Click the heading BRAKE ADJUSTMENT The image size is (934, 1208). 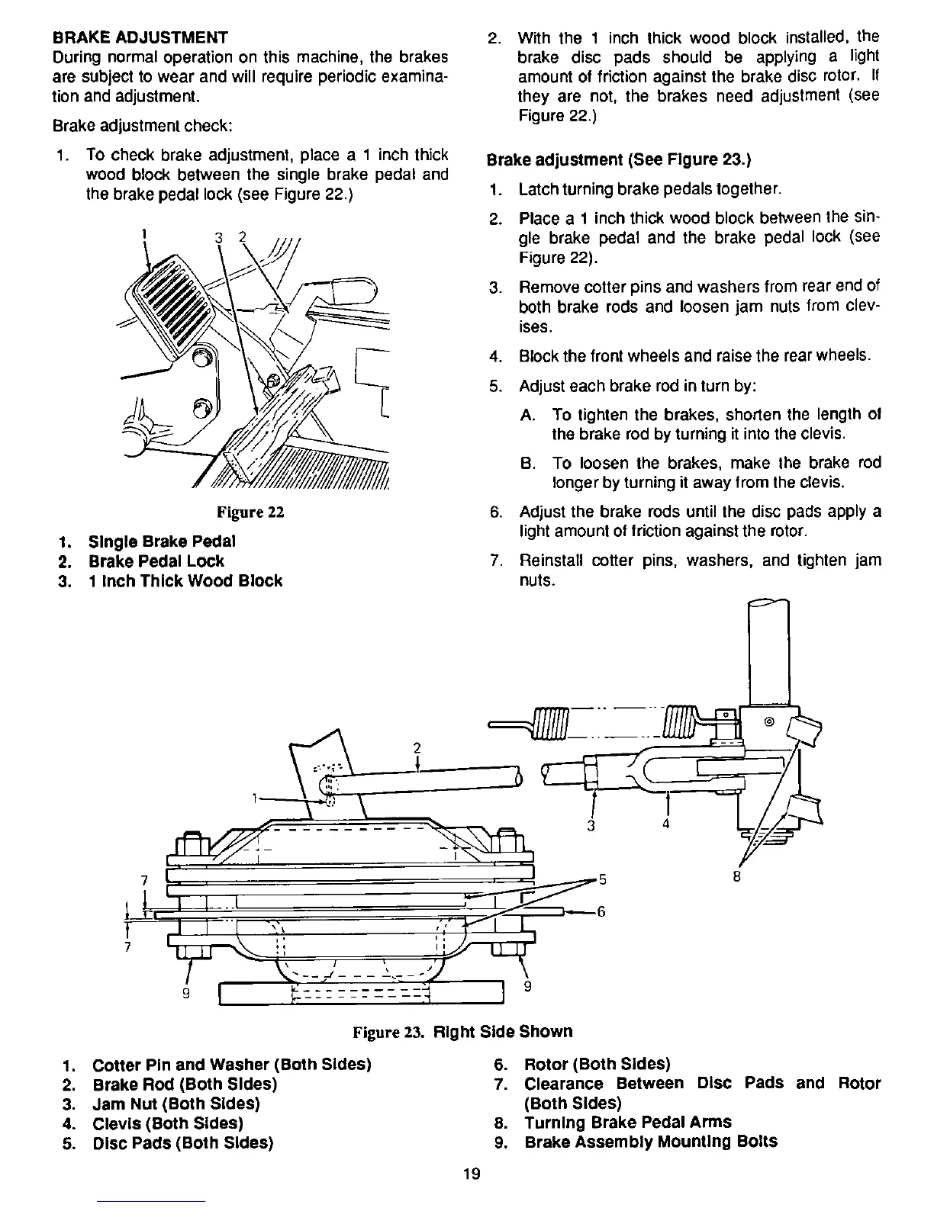(140, 37)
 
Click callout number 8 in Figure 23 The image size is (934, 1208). (736, 875)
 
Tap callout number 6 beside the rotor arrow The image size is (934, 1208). (601, 911)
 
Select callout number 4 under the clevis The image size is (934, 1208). (666, 824)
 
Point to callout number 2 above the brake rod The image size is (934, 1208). (417, 747)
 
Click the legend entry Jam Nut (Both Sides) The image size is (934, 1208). (176, 1104)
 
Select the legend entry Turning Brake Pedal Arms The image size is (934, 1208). (627, 1122)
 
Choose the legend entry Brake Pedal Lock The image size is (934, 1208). (156, 561)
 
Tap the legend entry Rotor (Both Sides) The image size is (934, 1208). (597, 1063)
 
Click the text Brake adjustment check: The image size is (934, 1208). (137, 124)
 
